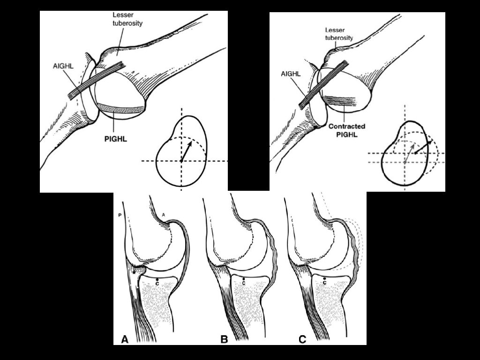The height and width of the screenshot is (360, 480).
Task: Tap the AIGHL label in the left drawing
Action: coord(63,67)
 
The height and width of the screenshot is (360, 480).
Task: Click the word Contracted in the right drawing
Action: coord(347,127)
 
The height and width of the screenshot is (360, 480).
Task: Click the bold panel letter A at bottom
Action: coord(125,338)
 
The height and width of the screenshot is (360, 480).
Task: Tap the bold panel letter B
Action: coord(224,338)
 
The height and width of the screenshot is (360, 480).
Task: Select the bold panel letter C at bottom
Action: coord(303,338)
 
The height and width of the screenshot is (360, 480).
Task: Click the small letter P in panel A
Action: coord(120,215)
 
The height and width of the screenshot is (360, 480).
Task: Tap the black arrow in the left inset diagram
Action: coord(186,151)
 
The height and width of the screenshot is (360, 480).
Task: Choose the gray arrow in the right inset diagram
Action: coord(409,151)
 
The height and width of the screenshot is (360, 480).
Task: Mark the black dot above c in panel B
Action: coord(244,278)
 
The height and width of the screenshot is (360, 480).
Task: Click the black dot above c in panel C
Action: coord(324,278)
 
